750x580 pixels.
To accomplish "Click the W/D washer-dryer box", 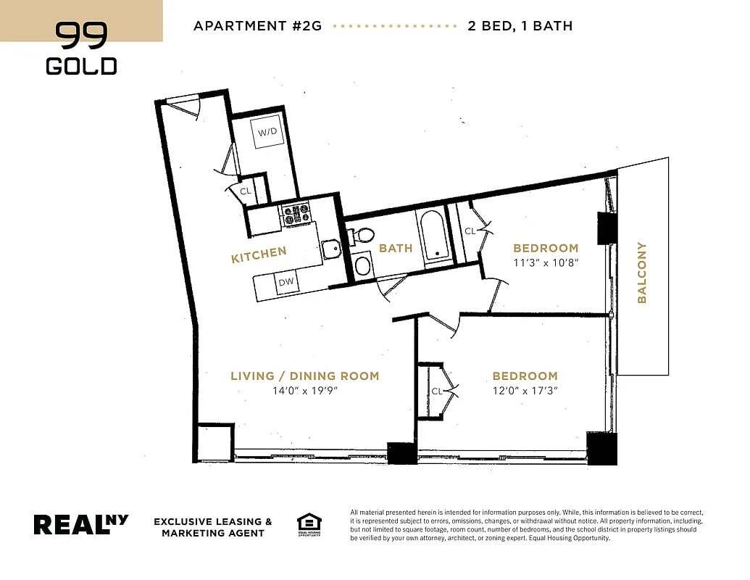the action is click(x=267, y=131).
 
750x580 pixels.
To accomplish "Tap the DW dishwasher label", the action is click(x=286, y=282).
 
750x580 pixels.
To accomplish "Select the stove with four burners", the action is click(x=296, y=214).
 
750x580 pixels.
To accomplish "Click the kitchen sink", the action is click(x=331, y=249).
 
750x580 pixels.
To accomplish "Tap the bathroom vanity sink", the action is click(x=362, y=265).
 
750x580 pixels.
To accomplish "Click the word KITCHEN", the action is click(x=259, y=254).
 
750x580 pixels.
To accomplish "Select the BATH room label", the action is click(x=396, y=248).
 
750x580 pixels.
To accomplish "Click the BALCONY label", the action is click(x=642, y=273).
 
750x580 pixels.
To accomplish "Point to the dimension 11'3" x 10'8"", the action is click(x=546, y=262).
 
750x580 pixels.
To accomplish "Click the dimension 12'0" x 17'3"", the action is click(x=525, y=391).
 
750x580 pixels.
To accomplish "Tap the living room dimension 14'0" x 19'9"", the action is click(x=305, y=391).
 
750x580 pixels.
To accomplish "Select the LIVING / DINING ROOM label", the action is click(x=305, y=376).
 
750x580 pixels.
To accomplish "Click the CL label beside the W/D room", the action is click(x=246, y=191).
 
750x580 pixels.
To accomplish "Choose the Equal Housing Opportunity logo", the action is click(x=309, y=524).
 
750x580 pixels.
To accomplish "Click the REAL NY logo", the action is click(x=81, y=524).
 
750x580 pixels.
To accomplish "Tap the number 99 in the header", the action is click(x=81, y=35).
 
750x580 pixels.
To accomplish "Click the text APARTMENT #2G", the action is click(x=258, y=26).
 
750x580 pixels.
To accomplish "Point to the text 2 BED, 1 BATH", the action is click(x=520, y=26).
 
